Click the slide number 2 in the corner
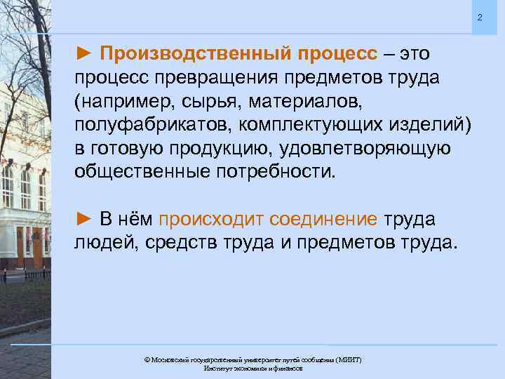pos(480,17)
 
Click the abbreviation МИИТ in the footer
pos(347,359)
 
